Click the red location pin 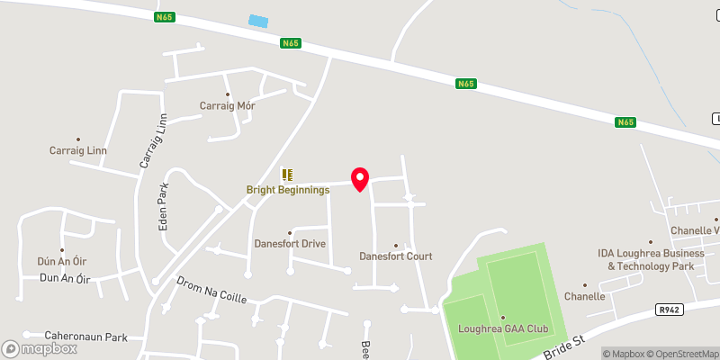point(360,179)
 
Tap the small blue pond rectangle point(258,21)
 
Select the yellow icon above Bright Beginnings point(287,175)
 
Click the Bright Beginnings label point(288,190)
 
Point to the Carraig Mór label point(228,106)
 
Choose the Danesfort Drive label point(289,244)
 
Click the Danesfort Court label point(396,256)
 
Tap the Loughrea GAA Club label point(503,328)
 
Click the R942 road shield point(668,310)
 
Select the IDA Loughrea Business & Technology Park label point(651,260)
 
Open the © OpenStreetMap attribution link point(679,354)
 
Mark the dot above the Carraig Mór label point(228,94)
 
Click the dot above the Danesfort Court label point(396,244)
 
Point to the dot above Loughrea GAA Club point(503,317)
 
